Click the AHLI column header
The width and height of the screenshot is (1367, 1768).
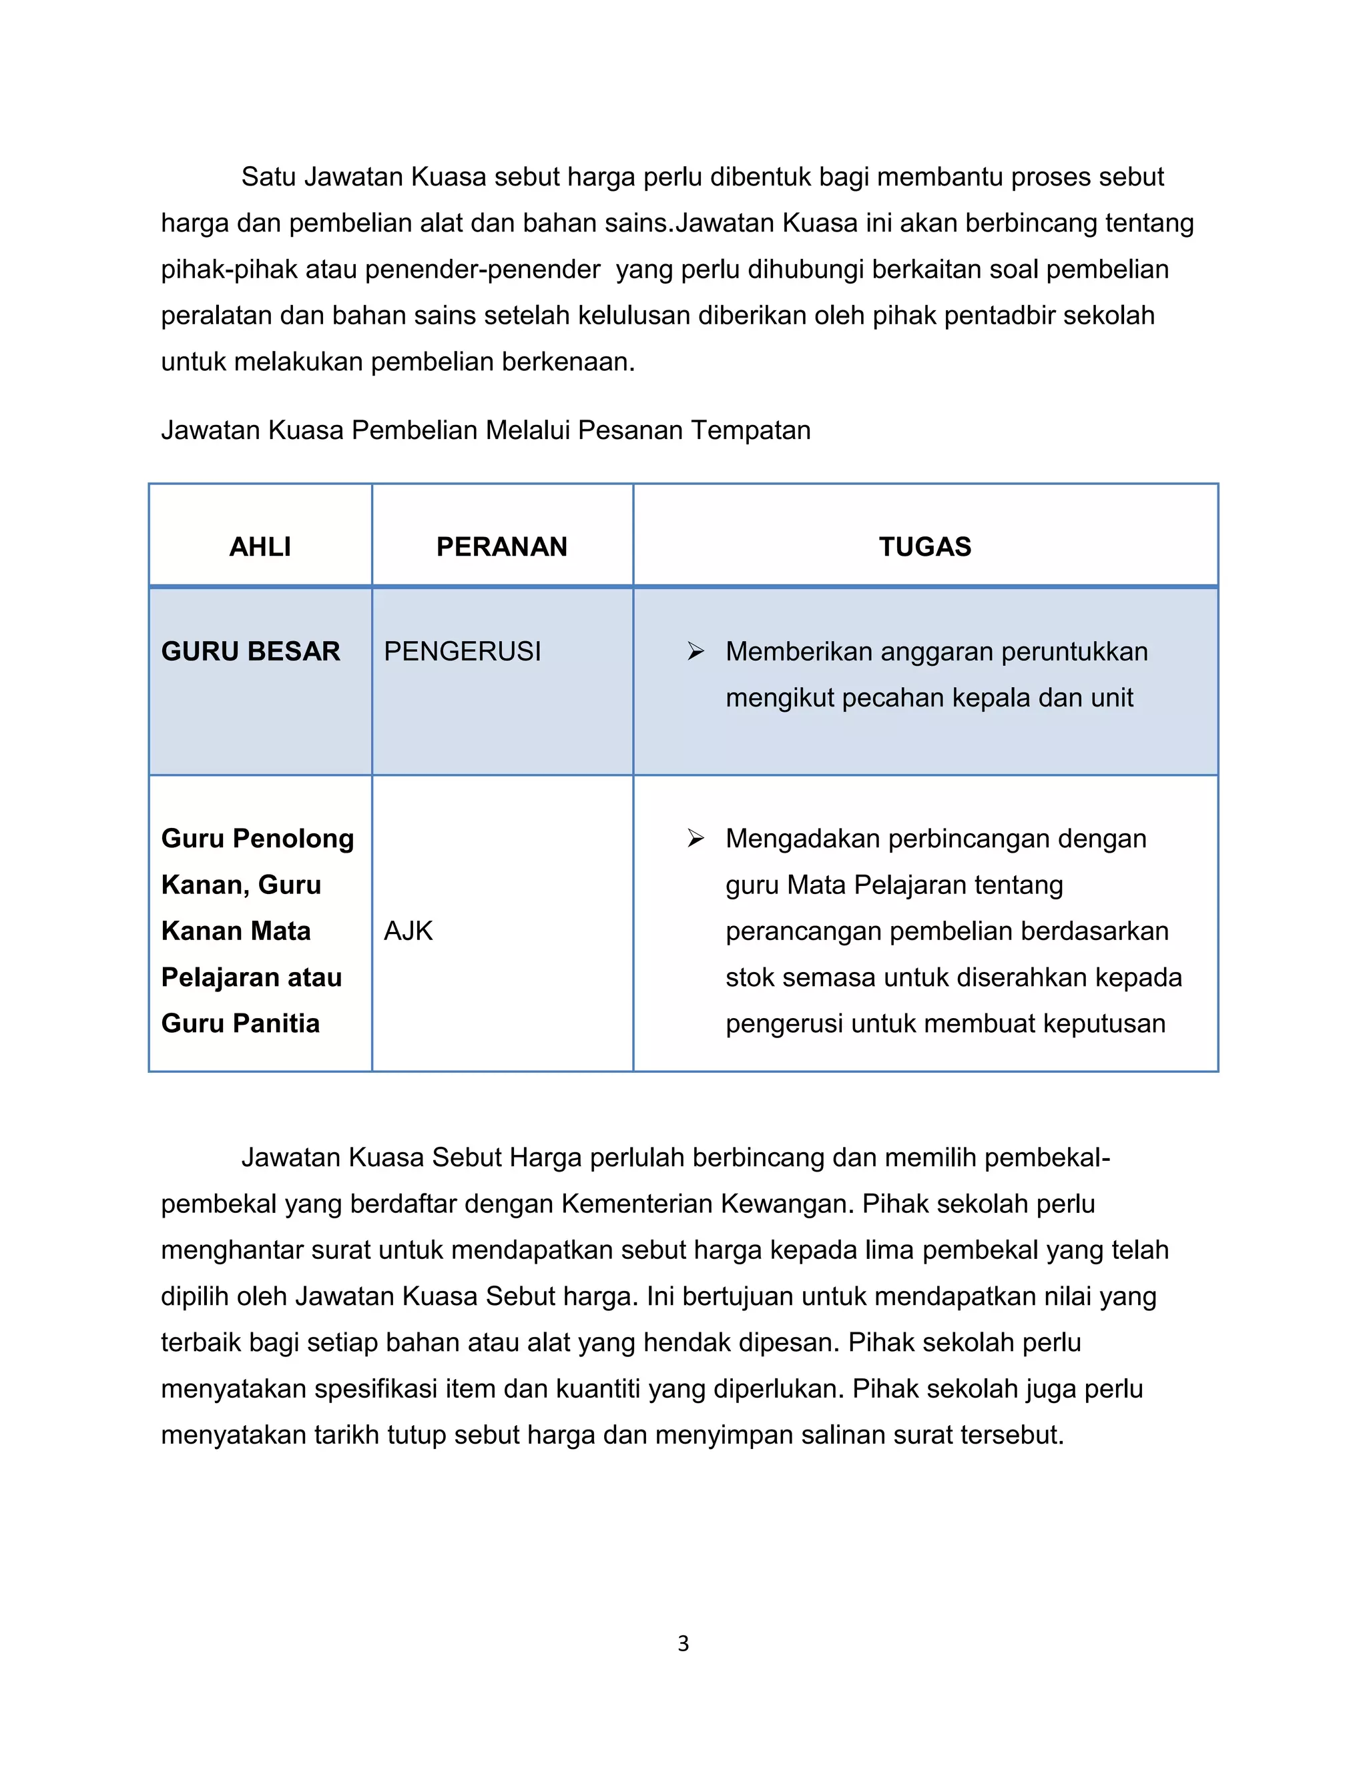[x=260, y=546]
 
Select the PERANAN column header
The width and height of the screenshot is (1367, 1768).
[x=501, y=546]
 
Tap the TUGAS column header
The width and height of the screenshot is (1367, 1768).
[x=925, y=546]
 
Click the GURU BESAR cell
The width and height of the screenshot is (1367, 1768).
[x=250, y=651]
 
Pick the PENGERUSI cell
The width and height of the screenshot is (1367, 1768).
[x=462, y=651]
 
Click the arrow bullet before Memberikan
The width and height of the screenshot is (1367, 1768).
[x=696, y=651]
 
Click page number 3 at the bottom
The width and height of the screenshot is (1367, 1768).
[x=683, y=1643]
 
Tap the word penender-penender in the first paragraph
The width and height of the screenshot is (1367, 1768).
[x=483, y=269]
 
